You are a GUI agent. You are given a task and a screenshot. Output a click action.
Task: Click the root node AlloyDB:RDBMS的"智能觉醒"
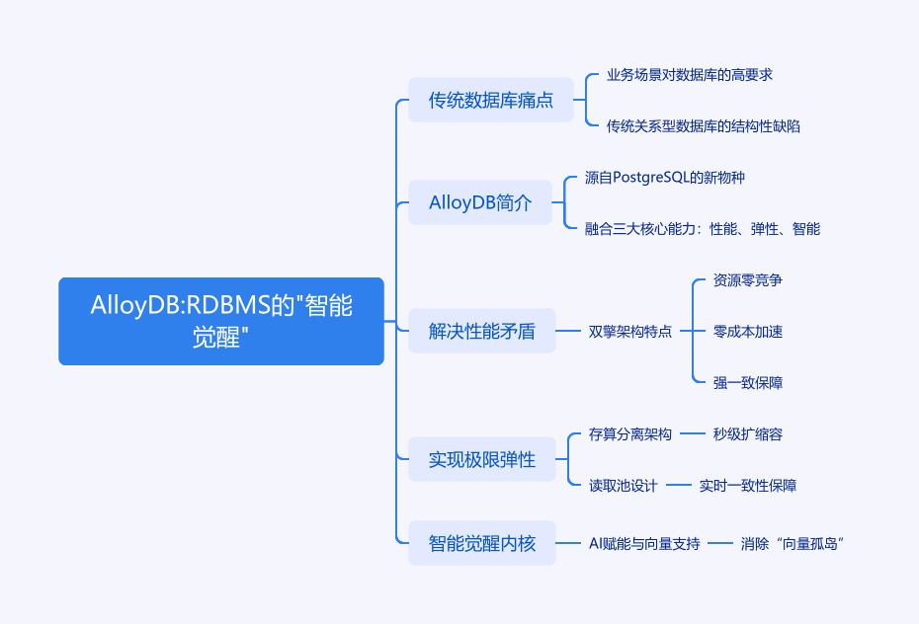[221, 321]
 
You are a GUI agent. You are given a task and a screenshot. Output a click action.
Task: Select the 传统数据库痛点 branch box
[491, 100]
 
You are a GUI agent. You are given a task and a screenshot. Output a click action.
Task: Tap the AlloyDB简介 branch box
[480, 202]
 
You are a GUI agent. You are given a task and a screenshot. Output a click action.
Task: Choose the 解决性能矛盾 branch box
[482, 331]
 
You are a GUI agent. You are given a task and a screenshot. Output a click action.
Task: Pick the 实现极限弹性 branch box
[482, 459]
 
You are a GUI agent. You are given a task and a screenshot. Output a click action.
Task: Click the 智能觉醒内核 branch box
[482, 543]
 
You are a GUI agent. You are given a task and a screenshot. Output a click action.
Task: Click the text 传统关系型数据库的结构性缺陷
[704, 125]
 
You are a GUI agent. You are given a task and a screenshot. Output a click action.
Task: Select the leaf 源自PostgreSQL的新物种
[664, 177]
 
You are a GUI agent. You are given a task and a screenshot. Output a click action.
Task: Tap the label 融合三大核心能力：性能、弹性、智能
[703, 228]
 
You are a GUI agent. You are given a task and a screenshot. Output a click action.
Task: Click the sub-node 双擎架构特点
[630, 331]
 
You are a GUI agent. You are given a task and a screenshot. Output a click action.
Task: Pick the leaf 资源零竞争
[748, 279]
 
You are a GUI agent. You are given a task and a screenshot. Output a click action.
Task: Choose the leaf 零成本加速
[748, 331]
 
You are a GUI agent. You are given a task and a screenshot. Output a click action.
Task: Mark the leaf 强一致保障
[748, 382]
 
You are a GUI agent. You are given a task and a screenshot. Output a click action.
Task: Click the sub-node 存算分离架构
[630, 433]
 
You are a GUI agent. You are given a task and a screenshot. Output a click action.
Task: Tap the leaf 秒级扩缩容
[748, 433]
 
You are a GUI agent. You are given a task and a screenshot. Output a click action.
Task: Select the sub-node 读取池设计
[624, 485]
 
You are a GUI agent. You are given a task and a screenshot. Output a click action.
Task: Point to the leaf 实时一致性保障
[748, 485]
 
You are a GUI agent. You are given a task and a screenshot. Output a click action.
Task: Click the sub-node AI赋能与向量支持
[644, 543]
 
